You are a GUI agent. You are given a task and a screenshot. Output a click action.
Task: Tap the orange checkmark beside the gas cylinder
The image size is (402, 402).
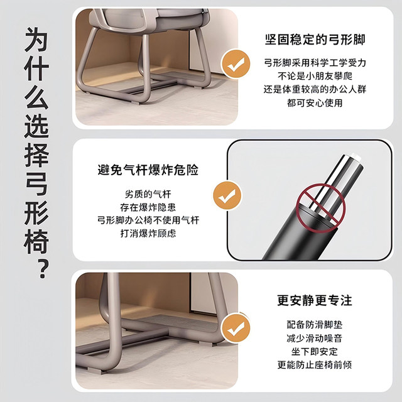pos(224,197)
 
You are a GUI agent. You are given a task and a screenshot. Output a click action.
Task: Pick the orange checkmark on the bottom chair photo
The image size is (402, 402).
pos(235,328)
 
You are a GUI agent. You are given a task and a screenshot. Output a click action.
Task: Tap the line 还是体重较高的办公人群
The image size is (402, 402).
pos(314,89)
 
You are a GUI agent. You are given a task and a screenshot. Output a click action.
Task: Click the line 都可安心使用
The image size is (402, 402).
pos(314,102)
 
